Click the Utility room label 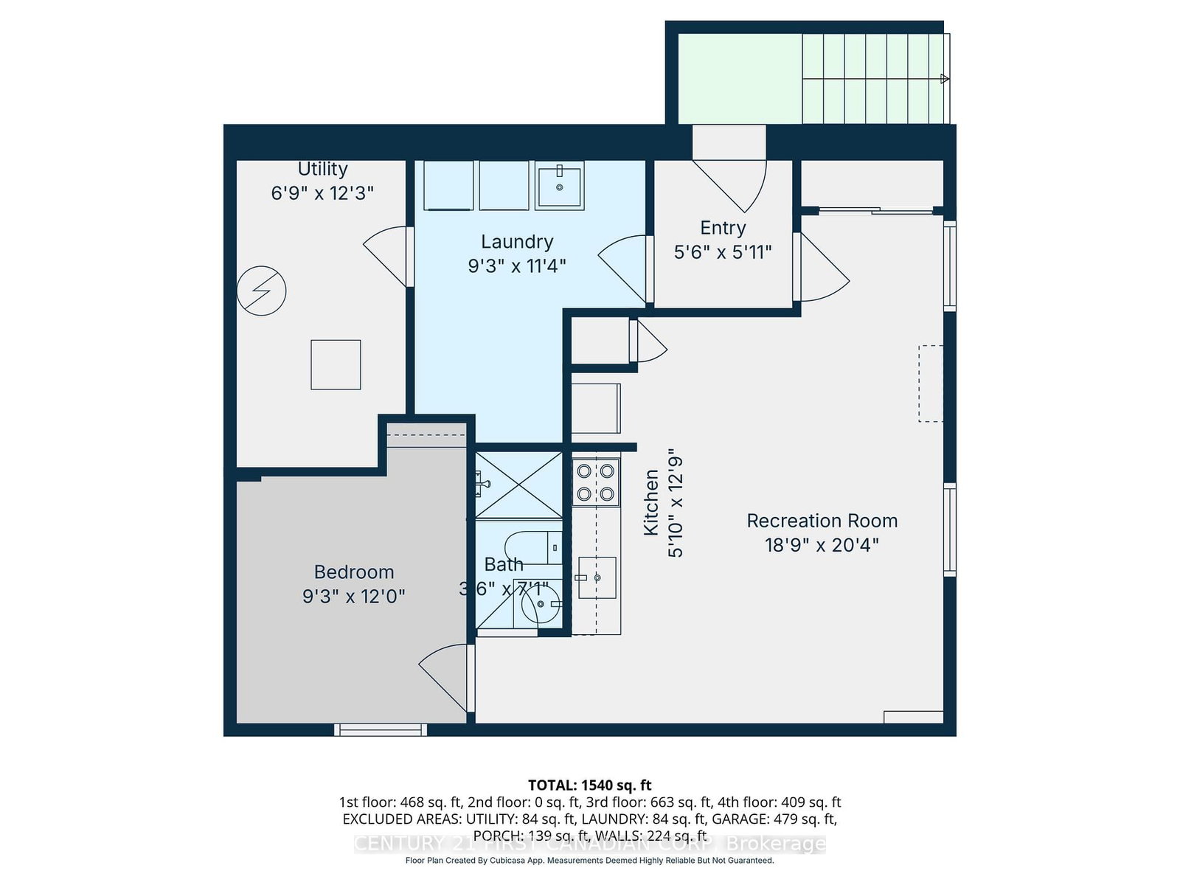pyautogui.click(x=322, y=169)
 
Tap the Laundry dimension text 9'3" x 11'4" pyautogui.click(x=516, y=265)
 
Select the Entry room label pyautogui.click(x=723, y=228)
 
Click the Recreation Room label pyautogui.click(x=822, y=521)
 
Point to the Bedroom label pyautogui.click(x=354, y=572)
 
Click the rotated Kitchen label pyautogui.click(x=650, y=502)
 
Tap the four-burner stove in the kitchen pyautogui.click(x=596, y=482)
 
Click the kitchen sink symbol pyautogui.click(x=597, y=577)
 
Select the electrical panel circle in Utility pyautogui.click(x=261, y=291)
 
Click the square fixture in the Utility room pyautogui.click(x=336, y=364)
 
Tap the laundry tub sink pyautogui.click(x=559, y=186)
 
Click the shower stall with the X pyautogui.click(x=518, y=485)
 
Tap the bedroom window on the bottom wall pyautogui.click(x=380, y=729)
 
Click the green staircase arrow pyautogui.click(x=944, y=79)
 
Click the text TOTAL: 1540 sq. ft pyautogui.click(x=589, y=785)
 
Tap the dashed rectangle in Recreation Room pyautogui.click(x=930, y=383)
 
